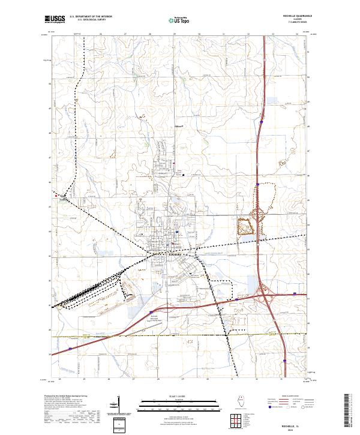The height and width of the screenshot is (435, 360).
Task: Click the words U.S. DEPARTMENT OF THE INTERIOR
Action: click(91, 17)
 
